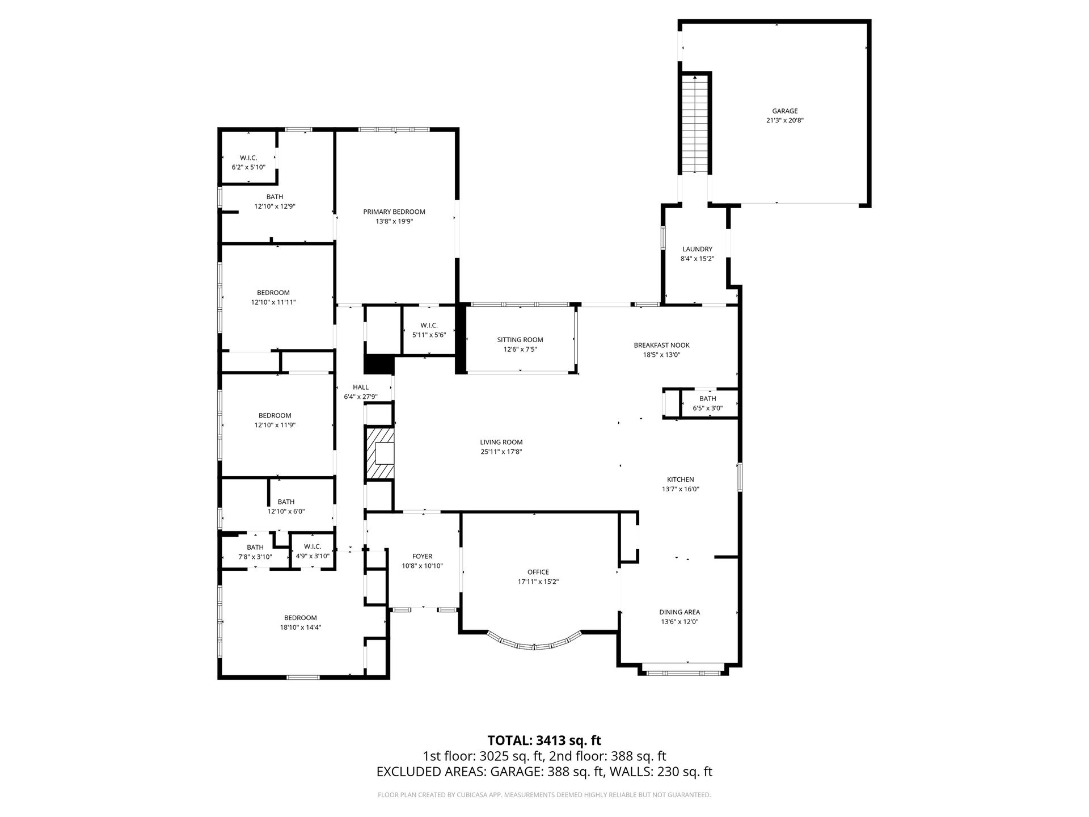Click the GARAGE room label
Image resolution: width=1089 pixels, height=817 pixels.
pyautogui.click(x=784, y=111)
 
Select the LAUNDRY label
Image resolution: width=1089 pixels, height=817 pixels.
pyautogui.click(x=697, y=249)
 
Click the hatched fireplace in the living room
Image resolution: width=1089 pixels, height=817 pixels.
pyautogui.click(x=379, y=454)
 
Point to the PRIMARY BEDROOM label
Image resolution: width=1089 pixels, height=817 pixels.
pyautogui.click(x=394, y=212)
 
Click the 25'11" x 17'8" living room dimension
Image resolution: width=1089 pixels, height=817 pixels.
pyautogui.click(x=501, y=452)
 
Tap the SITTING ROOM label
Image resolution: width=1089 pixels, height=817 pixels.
pyautogui.click(x=520, y=340)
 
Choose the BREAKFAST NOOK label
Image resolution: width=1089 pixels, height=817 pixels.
pyautogui.click(x=661, y=345)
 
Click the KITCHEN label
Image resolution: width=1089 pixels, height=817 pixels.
pyautogui.click(x=680, y=479)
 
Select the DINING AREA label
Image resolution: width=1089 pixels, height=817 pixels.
pyautogui.click(x=679, y=612)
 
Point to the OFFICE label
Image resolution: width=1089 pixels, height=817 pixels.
pyautogui.click(x=538, y=572)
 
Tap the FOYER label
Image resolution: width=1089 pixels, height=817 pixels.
pyautogui.click(x=422, y=557)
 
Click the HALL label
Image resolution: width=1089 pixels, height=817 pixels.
pyautogui.click(x=361, y=388)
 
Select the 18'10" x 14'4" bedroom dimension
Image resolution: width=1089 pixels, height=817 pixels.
pyautogui.click(x=301, y=628)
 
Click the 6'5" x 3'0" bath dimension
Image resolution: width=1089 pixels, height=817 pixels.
pyautogui.click(x=707, y=408)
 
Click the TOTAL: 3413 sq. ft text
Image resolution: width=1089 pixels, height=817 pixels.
pyautogui.click(x=544, y=740)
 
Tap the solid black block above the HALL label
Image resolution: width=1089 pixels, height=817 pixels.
pyautogui.click(x=378, y=364)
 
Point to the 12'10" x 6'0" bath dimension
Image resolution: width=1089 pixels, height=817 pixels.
pyautogui.click(x=286, y=511)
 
